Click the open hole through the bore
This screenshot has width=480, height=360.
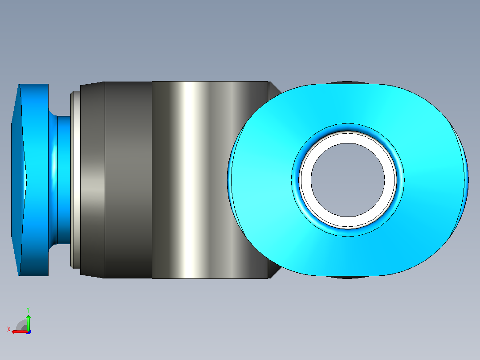(x=348, y=180)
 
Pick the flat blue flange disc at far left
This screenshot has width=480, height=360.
(x=35, y=180)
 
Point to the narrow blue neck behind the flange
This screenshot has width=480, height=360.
(x=64, y=180)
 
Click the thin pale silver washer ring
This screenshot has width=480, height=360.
(x=75, y=180)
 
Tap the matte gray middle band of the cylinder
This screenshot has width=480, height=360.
(x=128, y=180)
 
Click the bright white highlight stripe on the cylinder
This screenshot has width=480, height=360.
(x=190, y=180)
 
